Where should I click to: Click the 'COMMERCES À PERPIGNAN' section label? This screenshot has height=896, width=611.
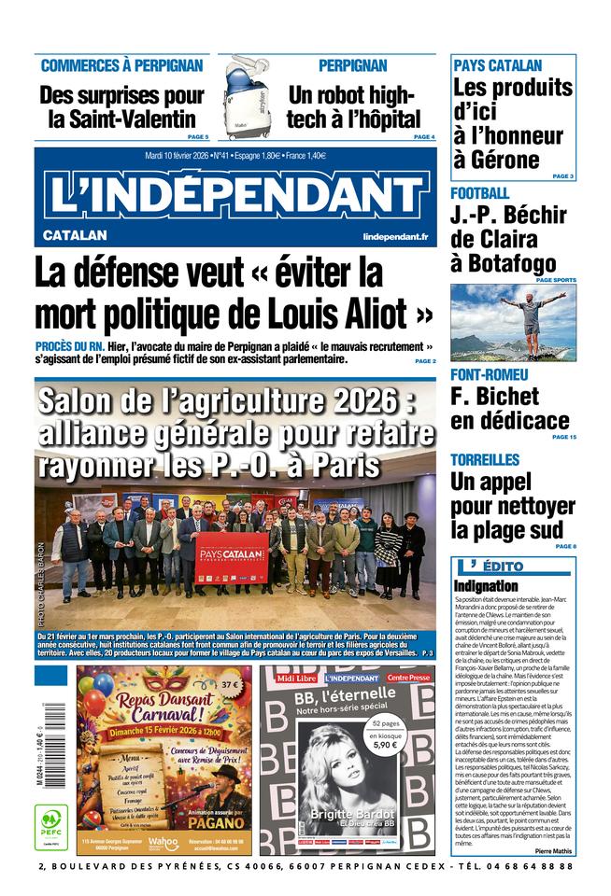click(x=121, y=65)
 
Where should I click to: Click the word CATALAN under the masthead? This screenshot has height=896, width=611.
click(x=75, y=235)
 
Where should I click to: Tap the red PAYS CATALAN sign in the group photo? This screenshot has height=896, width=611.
click(x=232, y=557)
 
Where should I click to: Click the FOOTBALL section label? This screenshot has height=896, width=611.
click(x=480, y=193)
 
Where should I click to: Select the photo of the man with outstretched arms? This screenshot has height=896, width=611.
click(x=513, y=322)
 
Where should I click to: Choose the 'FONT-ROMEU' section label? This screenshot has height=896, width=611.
click(x=490, y=375)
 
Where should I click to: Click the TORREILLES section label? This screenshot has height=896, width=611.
click(x=485, y=460)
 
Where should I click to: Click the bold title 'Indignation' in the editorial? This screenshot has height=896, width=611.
click(x=486, y=585)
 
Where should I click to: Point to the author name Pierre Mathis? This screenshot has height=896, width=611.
click(x=555, y=850)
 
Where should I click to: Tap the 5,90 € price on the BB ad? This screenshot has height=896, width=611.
click(x=385, y=745)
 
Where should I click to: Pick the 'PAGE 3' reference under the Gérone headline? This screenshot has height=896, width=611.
click(x=562, y=175)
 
